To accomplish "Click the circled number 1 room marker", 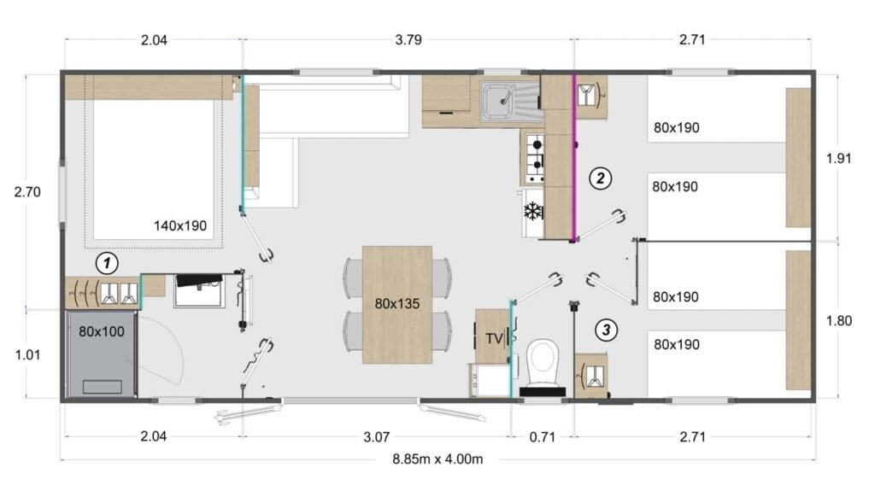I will pyautogui.click(x=106, y=263).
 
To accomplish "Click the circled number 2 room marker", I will pyautogui.click(x=600, y=178).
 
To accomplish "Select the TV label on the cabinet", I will pyautogui.click(x=494, y=337).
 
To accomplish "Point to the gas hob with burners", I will pyautogui.click(x=534, y=159).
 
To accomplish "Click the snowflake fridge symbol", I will pyautogui.click(x=532, y=211).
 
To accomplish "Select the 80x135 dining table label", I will pyautogui.click(x=396, y=302).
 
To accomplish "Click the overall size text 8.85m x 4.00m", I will pyautogui.click(x=437, y=459).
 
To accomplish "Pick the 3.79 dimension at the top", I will pyautogui.click(x=408, y=39).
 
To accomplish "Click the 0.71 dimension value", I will pyautogui.click(x=542, y=437).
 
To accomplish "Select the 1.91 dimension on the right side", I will pyautogui.click(x=840, y=158).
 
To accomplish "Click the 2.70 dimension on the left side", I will pyautogui.click(x=27, y=192).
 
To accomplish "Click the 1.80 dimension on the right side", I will pyautogui.click(x=840, y=321).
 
